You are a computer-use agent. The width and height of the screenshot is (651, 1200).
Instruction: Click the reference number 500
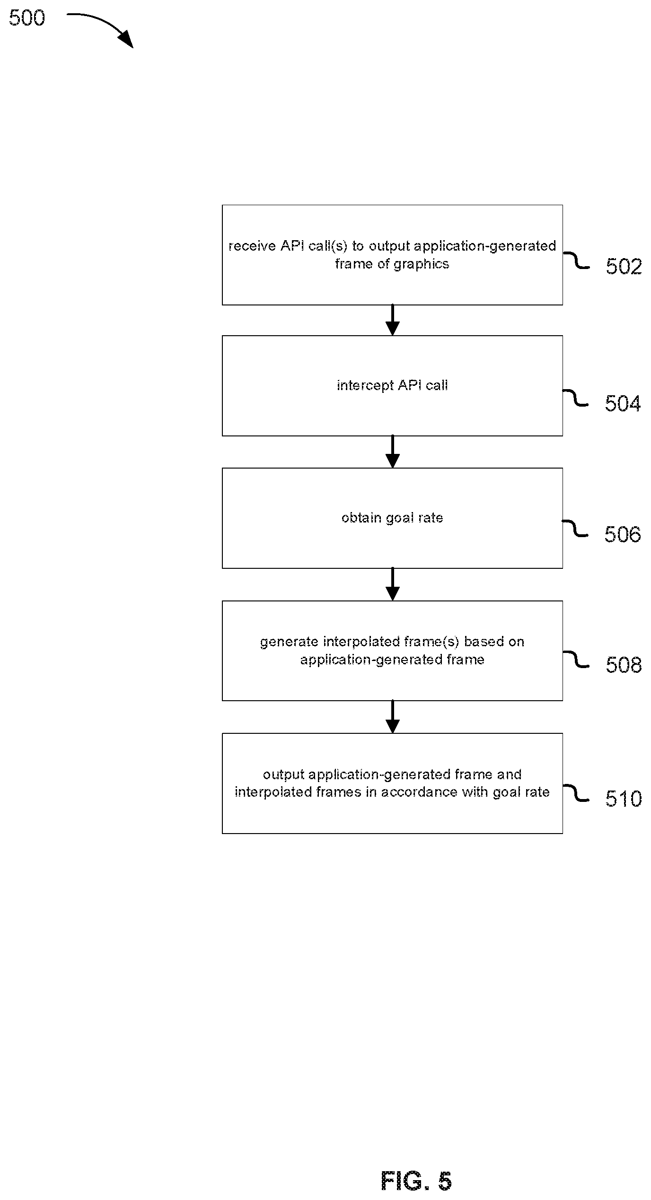point(27,18)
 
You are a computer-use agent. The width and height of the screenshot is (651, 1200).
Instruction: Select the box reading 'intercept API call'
point(392,386)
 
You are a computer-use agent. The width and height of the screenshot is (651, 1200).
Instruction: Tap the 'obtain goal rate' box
point(392,518)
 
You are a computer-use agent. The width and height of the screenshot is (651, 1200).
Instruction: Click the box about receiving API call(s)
point(392,255)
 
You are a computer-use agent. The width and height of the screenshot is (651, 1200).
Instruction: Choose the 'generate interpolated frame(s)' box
point(392,651)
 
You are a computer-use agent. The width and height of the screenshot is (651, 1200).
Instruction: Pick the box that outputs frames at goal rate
point(392,783)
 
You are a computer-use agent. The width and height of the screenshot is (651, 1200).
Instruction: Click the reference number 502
point(624,267)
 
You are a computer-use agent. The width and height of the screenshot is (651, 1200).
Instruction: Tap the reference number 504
point(623,404)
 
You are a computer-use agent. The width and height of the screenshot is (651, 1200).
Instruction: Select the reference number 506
point(623,535)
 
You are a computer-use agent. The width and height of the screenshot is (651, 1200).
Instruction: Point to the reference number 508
point(624,665)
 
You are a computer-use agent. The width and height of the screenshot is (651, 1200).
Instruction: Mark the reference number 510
point(624,799)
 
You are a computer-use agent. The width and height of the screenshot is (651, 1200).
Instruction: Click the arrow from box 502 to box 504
point(392,320)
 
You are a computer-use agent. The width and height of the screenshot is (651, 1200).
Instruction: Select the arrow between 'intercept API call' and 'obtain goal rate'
point(392,452)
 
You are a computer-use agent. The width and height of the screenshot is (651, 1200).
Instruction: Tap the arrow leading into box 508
point(392,584)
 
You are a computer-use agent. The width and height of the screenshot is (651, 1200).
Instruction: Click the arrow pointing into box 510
point(392,717)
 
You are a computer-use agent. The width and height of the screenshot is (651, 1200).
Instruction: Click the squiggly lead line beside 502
point(576,260)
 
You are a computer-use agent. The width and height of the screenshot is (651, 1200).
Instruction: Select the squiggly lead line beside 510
point(576,793)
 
